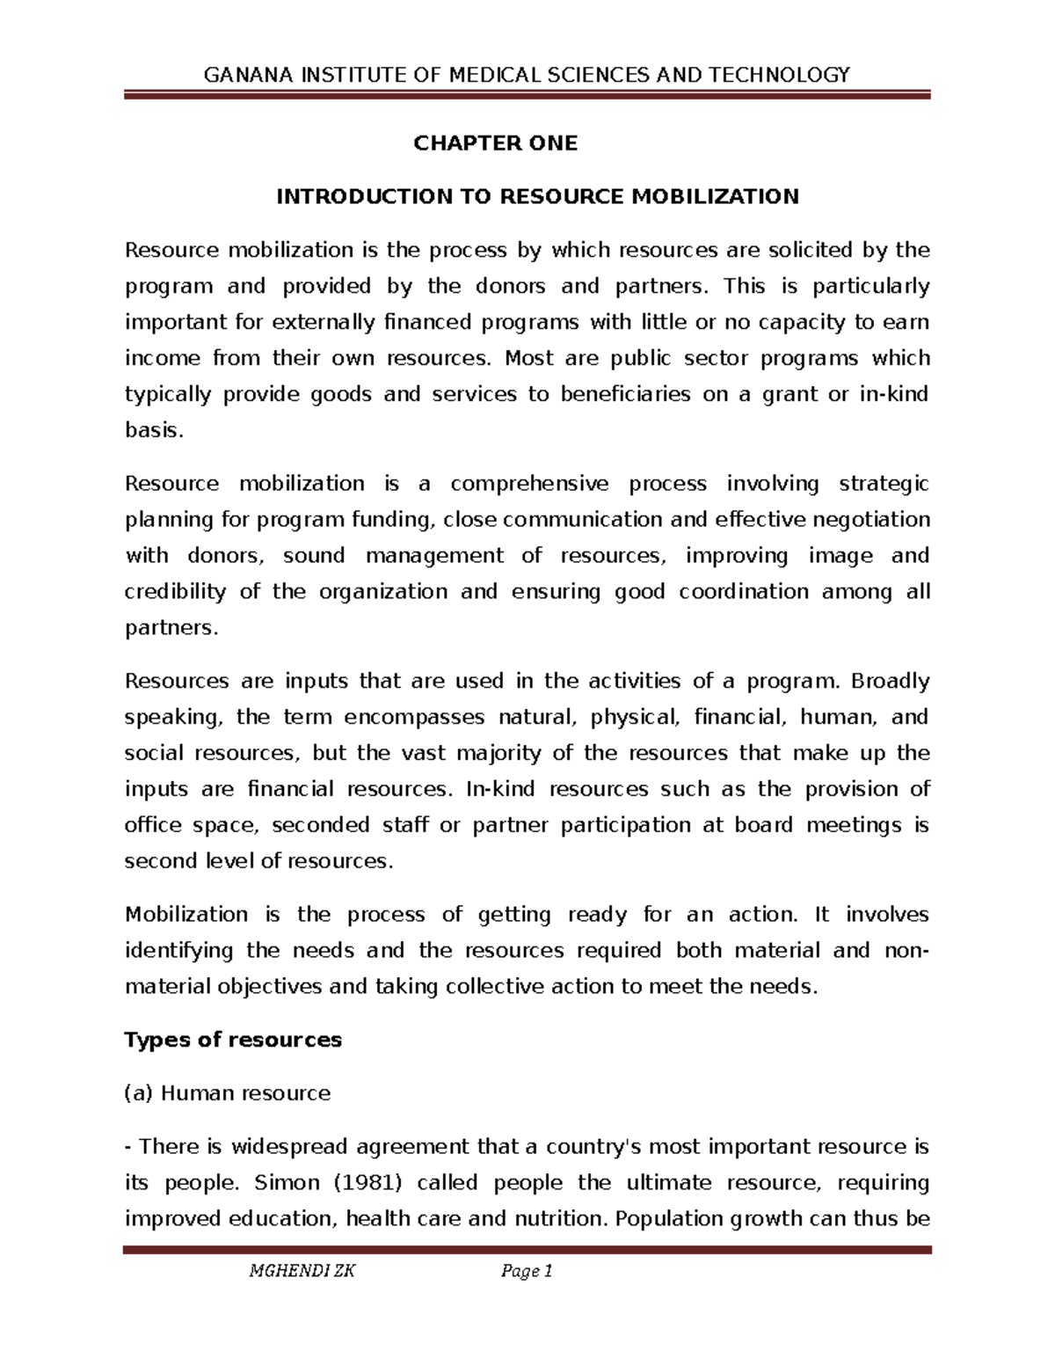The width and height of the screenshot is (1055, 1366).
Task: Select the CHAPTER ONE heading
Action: [x=496, y=143]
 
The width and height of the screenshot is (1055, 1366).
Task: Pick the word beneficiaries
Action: [x=625, y=395]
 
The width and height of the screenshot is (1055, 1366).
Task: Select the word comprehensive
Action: [x=529, y=484]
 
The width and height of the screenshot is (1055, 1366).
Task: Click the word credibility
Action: [x=175, y=592]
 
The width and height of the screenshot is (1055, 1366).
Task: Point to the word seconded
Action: [x=321, y=826]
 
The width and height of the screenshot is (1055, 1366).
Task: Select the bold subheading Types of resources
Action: [x=233, y=1041]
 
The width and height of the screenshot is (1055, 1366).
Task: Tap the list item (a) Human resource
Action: [x=228, y=1094]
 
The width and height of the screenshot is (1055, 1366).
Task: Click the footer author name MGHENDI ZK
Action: [x=302, y=1271]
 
